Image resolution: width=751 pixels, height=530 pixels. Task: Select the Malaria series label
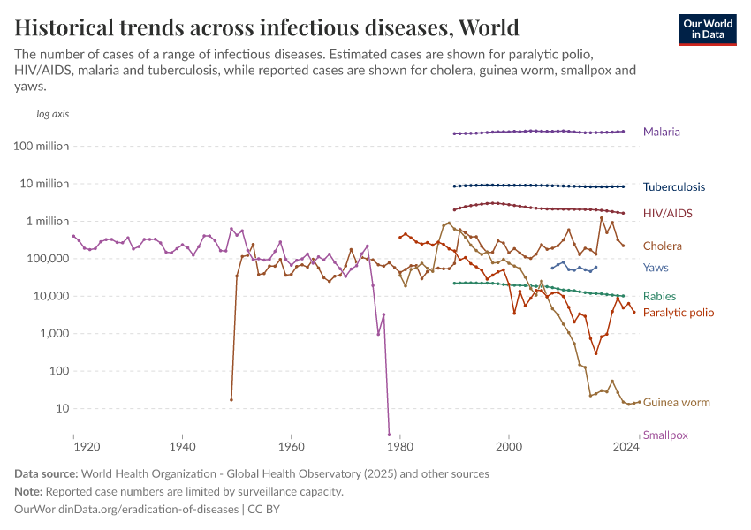661,132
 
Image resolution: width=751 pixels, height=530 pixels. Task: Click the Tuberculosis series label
673,186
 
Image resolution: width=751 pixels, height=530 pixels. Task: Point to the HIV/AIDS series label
667,213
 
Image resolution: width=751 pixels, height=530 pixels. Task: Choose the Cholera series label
662,246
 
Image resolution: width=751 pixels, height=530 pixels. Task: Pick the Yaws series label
656,268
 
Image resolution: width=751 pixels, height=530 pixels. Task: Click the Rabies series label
659,297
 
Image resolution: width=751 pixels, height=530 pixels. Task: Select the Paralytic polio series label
678,313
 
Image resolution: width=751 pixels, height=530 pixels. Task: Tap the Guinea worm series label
676,403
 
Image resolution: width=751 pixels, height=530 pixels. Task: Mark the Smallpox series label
665,435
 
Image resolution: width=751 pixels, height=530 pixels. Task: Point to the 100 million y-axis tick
42,147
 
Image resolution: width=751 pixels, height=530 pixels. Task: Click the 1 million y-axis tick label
47,222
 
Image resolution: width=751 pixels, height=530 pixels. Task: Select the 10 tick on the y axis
62,409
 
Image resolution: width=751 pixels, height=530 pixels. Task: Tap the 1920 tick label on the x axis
74,447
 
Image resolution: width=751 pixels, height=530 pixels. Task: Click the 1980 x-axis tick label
400,447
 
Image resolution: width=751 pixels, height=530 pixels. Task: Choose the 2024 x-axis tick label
626,447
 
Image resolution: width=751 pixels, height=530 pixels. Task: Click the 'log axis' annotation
52,114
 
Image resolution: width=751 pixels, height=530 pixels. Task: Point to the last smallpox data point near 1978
389,434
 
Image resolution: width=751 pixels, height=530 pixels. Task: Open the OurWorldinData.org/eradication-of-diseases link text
126,510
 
